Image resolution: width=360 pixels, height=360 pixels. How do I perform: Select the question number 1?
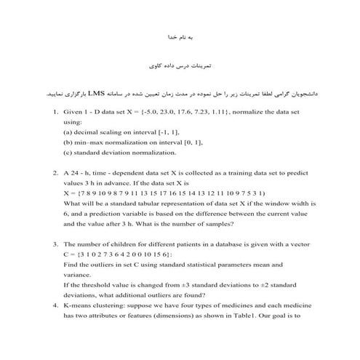tap(56, 114)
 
